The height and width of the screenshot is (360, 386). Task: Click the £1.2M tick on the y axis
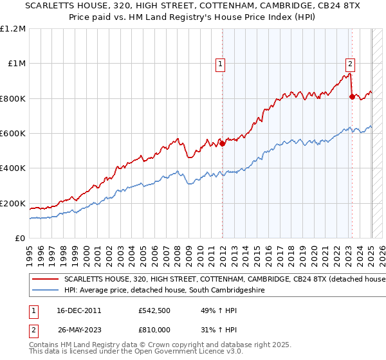click(x=13, y=29)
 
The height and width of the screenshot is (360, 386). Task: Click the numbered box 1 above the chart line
click(x=220, y=64)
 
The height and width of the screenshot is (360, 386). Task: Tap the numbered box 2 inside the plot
click(x=350, y=64)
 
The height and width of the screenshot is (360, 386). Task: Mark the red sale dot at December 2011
click(x=223, y=143)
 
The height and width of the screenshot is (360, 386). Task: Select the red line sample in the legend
click(x=46, y=280)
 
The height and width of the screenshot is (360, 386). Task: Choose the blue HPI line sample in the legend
click(x=46, y=291)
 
